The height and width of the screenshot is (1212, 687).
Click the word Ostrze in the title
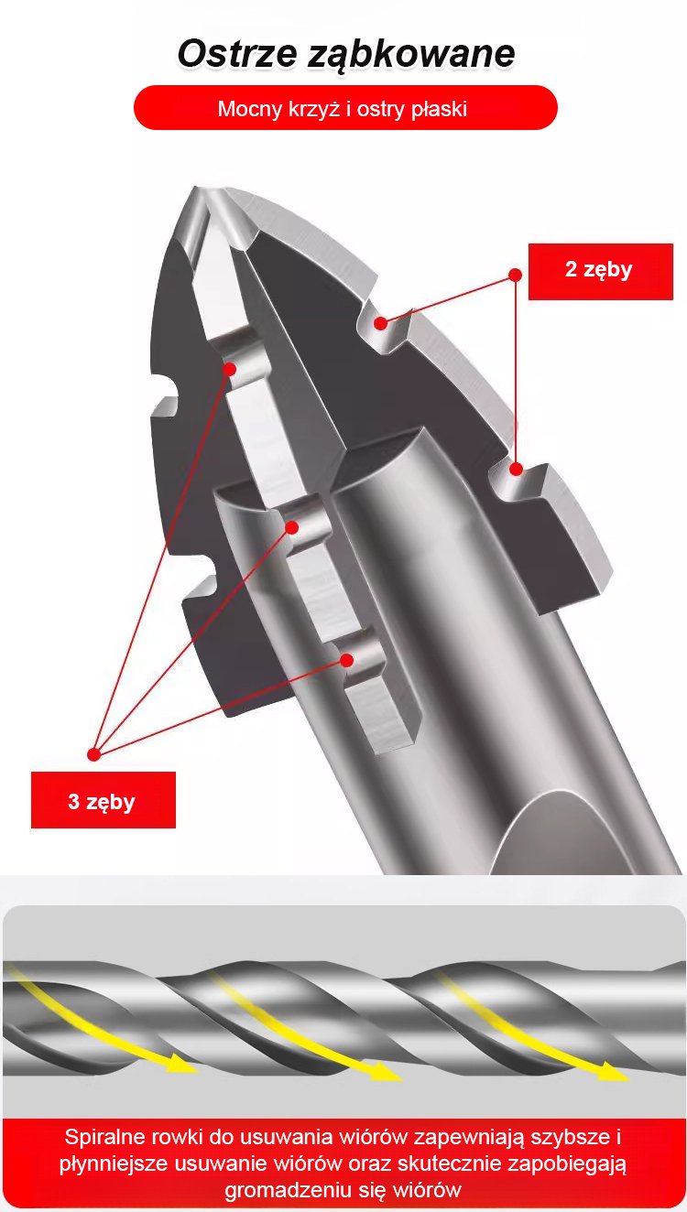238,53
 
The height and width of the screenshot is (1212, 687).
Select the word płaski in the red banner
439,110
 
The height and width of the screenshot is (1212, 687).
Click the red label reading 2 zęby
600,271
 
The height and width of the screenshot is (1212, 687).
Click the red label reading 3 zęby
103,800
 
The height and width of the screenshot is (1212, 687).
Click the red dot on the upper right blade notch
381,323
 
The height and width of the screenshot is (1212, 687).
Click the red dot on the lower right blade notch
517,469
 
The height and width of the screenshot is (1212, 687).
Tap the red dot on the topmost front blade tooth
230,369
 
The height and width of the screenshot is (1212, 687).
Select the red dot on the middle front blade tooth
292,527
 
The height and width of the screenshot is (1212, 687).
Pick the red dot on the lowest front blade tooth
347,660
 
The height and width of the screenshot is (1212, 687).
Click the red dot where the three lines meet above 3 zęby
94,753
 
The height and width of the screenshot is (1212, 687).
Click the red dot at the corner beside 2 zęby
516,275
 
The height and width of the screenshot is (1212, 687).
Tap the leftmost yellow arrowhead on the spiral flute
181,1064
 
